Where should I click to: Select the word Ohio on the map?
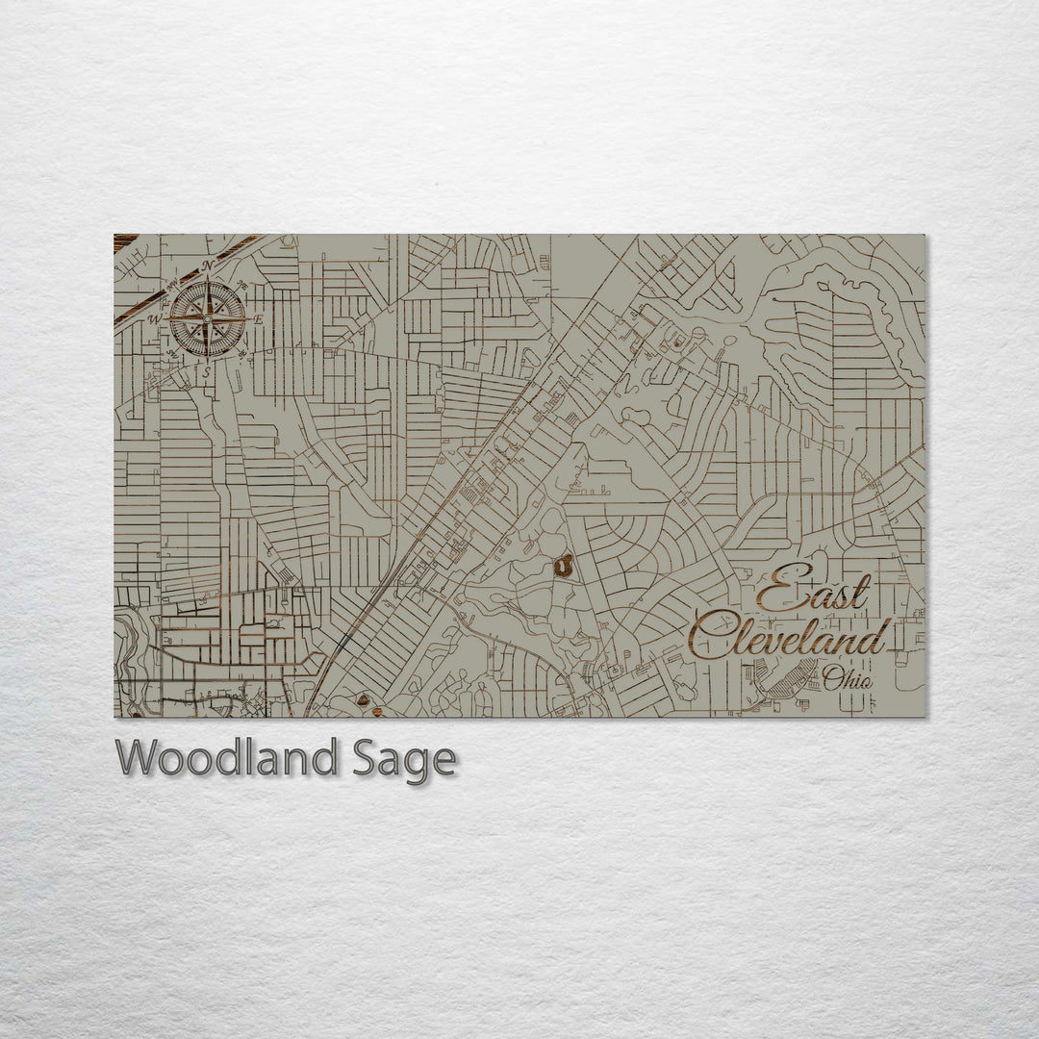(848, 679)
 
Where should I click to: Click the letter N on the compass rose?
(209, 266)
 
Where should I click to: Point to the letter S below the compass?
(206, 371)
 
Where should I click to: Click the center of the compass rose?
(208, 318)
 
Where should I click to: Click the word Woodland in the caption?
(226, 759)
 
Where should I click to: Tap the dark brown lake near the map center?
(564, 566)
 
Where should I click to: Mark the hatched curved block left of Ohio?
(786, 680)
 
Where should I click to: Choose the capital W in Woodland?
(138, 759)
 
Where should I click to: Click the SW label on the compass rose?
(172, 354)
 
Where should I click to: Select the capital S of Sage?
(361, 759)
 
